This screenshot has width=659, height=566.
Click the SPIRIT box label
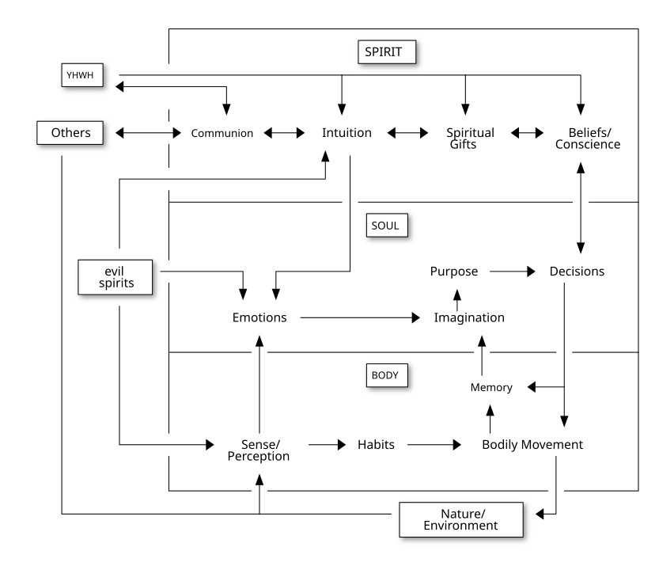coord(386,51)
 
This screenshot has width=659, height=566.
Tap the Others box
coord(70,132)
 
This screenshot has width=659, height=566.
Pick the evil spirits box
coord(116,277)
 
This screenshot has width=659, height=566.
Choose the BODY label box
coord(386,374)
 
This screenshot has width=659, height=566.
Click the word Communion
coord(222,133)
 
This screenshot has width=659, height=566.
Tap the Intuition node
coord(347,132)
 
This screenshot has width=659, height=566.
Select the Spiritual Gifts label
coord(470,139)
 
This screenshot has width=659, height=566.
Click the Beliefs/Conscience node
coord(583,139)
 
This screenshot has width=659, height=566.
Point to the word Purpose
coord(454,272)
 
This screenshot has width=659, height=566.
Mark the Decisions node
coord(577,272)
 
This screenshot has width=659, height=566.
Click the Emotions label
coord(259,318)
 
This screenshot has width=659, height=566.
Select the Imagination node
coord(469,318)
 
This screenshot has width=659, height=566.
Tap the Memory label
coord(491,388)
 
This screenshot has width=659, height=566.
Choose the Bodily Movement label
coord(532,445)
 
